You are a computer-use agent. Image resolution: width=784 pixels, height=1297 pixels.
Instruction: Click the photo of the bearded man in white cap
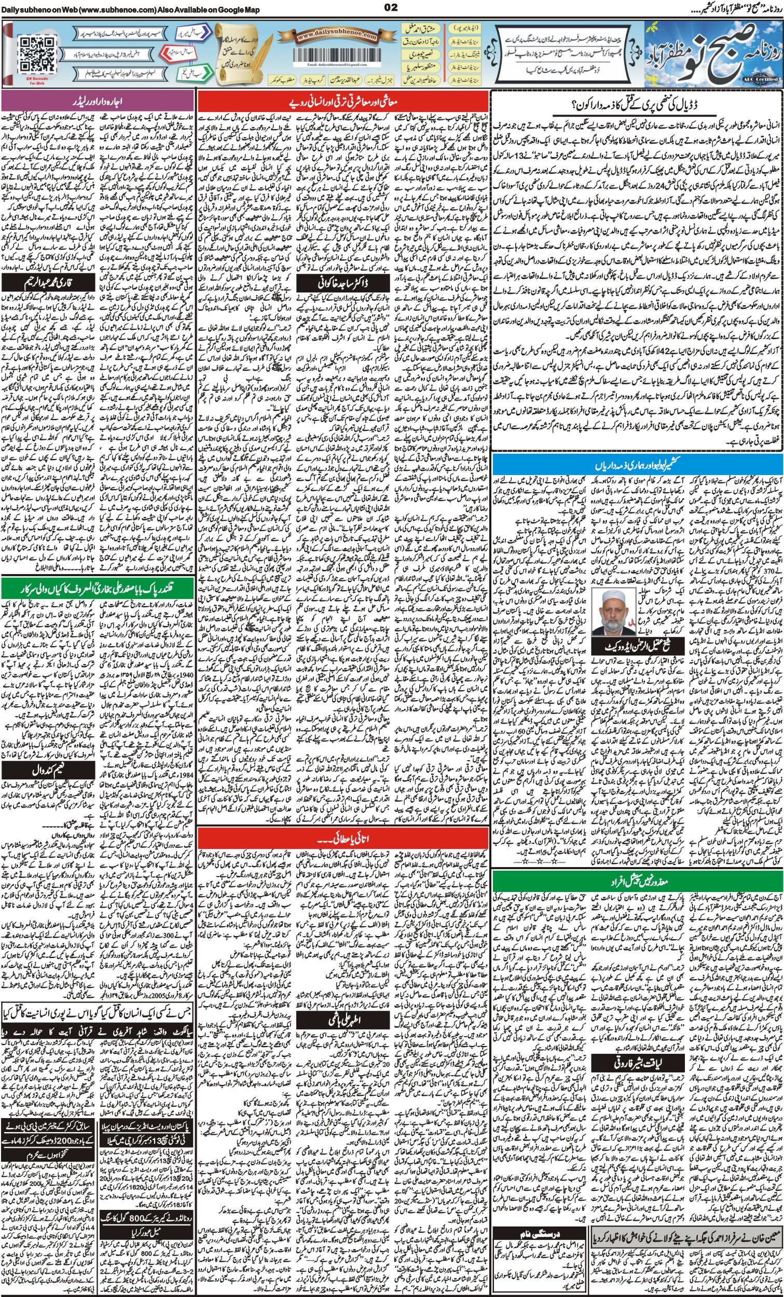click(613, 611)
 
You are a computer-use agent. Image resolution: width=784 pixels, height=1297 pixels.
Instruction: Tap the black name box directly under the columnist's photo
click(638, 646)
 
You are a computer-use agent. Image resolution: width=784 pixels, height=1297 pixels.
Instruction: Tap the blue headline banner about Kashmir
click(638, 466)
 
